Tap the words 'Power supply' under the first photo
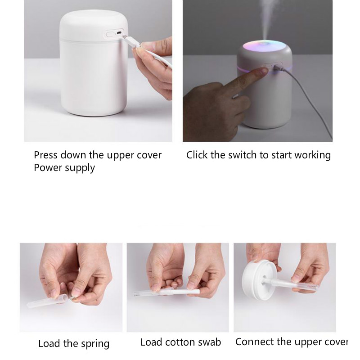64,168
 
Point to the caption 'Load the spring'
74,344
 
